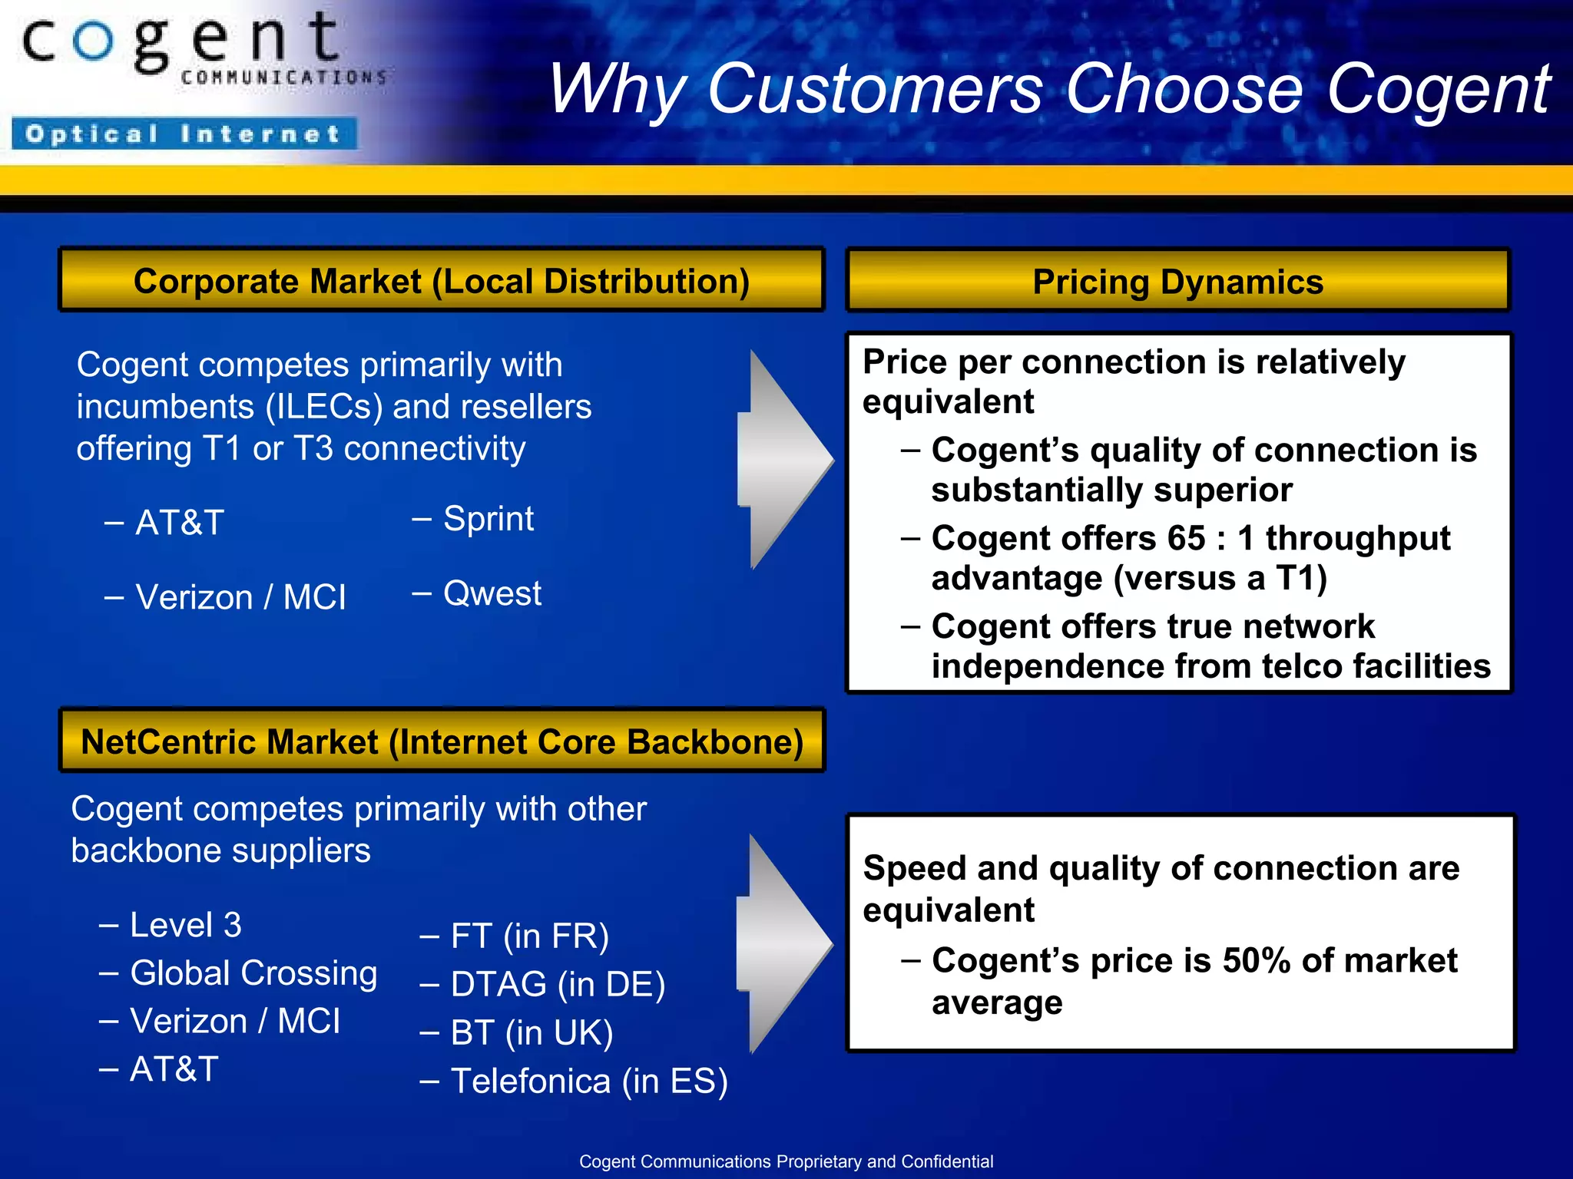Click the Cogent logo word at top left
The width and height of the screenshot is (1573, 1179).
point(181,42)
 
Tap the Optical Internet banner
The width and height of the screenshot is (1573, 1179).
point(184,134)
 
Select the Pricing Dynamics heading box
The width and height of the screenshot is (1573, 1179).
point(1177,281)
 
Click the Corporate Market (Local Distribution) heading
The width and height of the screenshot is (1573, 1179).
point(442,280)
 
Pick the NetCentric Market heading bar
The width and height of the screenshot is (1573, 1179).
point(442,741)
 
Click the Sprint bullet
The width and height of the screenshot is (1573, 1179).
point(488,519)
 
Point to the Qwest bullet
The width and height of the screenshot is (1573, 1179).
point(492,593)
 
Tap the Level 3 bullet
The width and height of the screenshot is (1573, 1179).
point(185,925)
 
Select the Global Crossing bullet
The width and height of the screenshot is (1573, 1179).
point(253,973)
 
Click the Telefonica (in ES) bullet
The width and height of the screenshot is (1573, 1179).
point(588,1082)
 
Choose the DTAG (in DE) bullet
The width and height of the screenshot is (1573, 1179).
point(557,985)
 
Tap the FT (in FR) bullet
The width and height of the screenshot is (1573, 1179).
point(529,936)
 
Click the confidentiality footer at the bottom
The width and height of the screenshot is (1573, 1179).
point(786,1161)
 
